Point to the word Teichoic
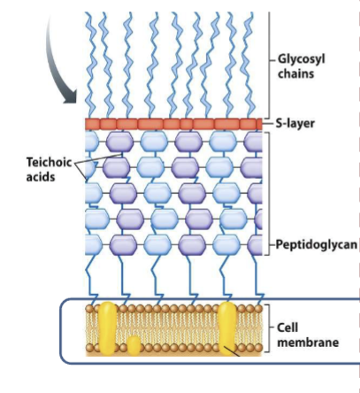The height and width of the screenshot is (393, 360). pos(46,163)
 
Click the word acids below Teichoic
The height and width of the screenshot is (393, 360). pos(39,178)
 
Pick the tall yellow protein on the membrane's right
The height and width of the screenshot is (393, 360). pos(229,326)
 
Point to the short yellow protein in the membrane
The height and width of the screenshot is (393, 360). pos(133,344)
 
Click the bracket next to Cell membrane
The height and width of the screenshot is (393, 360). pos(269,330)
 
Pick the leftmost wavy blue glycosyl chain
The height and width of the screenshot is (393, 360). pos(93,62)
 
